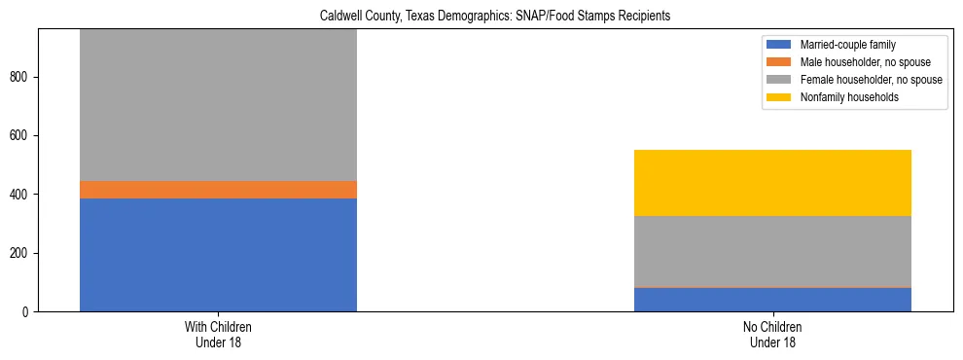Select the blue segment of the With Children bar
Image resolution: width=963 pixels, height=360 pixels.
click(218, 255)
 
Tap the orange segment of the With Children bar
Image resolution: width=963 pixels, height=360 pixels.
click(218, 190)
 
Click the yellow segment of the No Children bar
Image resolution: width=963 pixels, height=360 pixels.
click(772, 183)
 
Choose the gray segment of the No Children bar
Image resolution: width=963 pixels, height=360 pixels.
click(772, 251)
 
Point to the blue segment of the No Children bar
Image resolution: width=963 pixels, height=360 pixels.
click(772, 300)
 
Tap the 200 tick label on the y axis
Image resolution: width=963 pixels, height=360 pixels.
click(21, 253)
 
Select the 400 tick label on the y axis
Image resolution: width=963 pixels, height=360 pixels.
click(21, 195)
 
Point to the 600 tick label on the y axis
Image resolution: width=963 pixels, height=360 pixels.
click(21, 136)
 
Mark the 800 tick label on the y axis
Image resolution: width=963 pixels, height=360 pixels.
click(21, 77)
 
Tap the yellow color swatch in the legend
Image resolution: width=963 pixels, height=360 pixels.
click(779, 97)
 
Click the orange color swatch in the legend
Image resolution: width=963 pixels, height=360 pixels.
click(779, 62)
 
